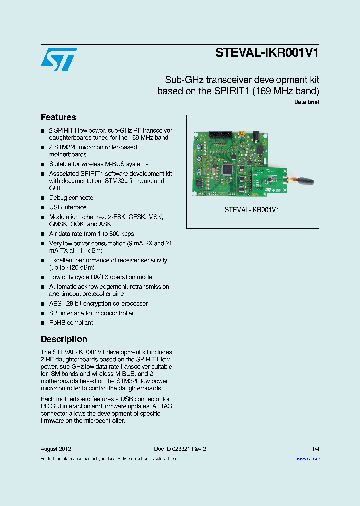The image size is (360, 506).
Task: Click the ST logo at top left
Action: [59, 59]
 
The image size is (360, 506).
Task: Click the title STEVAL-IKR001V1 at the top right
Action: [267, 53]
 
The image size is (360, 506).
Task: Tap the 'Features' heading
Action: [58, 117]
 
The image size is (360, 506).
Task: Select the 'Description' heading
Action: [64, 339]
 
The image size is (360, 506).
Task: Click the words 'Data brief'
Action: [306, 102]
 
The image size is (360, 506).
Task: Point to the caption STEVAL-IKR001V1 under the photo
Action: [252, 210]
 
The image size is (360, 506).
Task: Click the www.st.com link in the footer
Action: [308, 458]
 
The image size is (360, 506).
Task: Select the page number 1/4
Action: [315, 449]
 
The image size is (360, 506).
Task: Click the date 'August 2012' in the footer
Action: [56, 449]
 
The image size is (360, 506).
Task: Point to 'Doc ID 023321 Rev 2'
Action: [180, 449]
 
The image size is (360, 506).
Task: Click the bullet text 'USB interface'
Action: [68, 207]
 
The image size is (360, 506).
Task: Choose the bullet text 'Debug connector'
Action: [72, 198]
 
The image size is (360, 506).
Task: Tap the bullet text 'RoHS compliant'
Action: [71, 323]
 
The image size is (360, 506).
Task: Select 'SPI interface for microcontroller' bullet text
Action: [91, 313]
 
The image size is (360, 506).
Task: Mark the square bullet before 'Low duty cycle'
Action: [43, 277]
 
